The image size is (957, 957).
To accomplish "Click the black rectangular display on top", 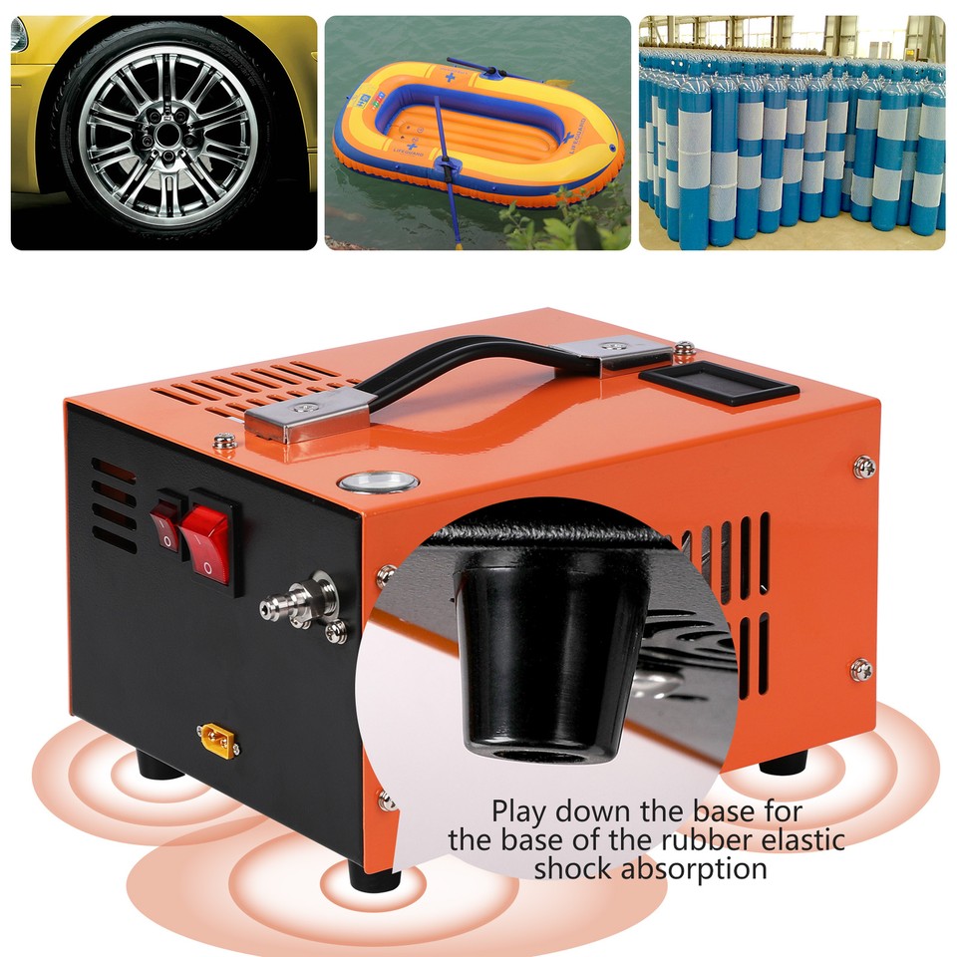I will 718,384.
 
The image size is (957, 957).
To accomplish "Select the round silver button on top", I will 378,481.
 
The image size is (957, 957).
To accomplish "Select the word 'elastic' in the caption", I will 797,839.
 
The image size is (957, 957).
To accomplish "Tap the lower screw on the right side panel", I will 862,668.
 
